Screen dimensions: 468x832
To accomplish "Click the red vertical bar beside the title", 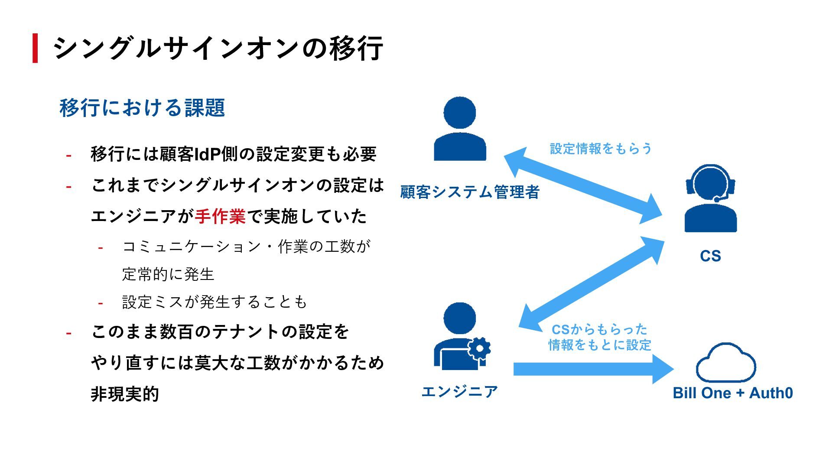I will [x=35, y=48].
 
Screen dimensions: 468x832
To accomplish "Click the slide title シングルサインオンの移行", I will [x=218, y=48].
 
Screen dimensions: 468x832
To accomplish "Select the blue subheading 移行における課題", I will [x=142, y=108].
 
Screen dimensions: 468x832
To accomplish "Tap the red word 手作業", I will [x=220, y=216].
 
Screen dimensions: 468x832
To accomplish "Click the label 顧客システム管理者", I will [x=470, y=192].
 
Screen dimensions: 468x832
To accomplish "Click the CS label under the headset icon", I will [x=710, y=256].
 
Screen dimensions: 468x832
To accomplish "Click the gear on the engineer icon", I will [x=479, y=348].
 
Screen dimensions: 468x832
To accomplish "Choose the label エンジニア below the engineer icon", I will [x=460, y=392].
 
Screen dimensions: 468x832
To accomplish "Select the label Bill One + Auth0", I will [x=733, y=393].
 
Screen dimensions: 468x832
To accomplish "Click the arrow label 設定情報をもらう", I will [x=601, y=149].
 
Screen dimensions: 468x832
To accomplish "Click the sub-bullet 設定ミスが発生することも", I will [x=214, y=302].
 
